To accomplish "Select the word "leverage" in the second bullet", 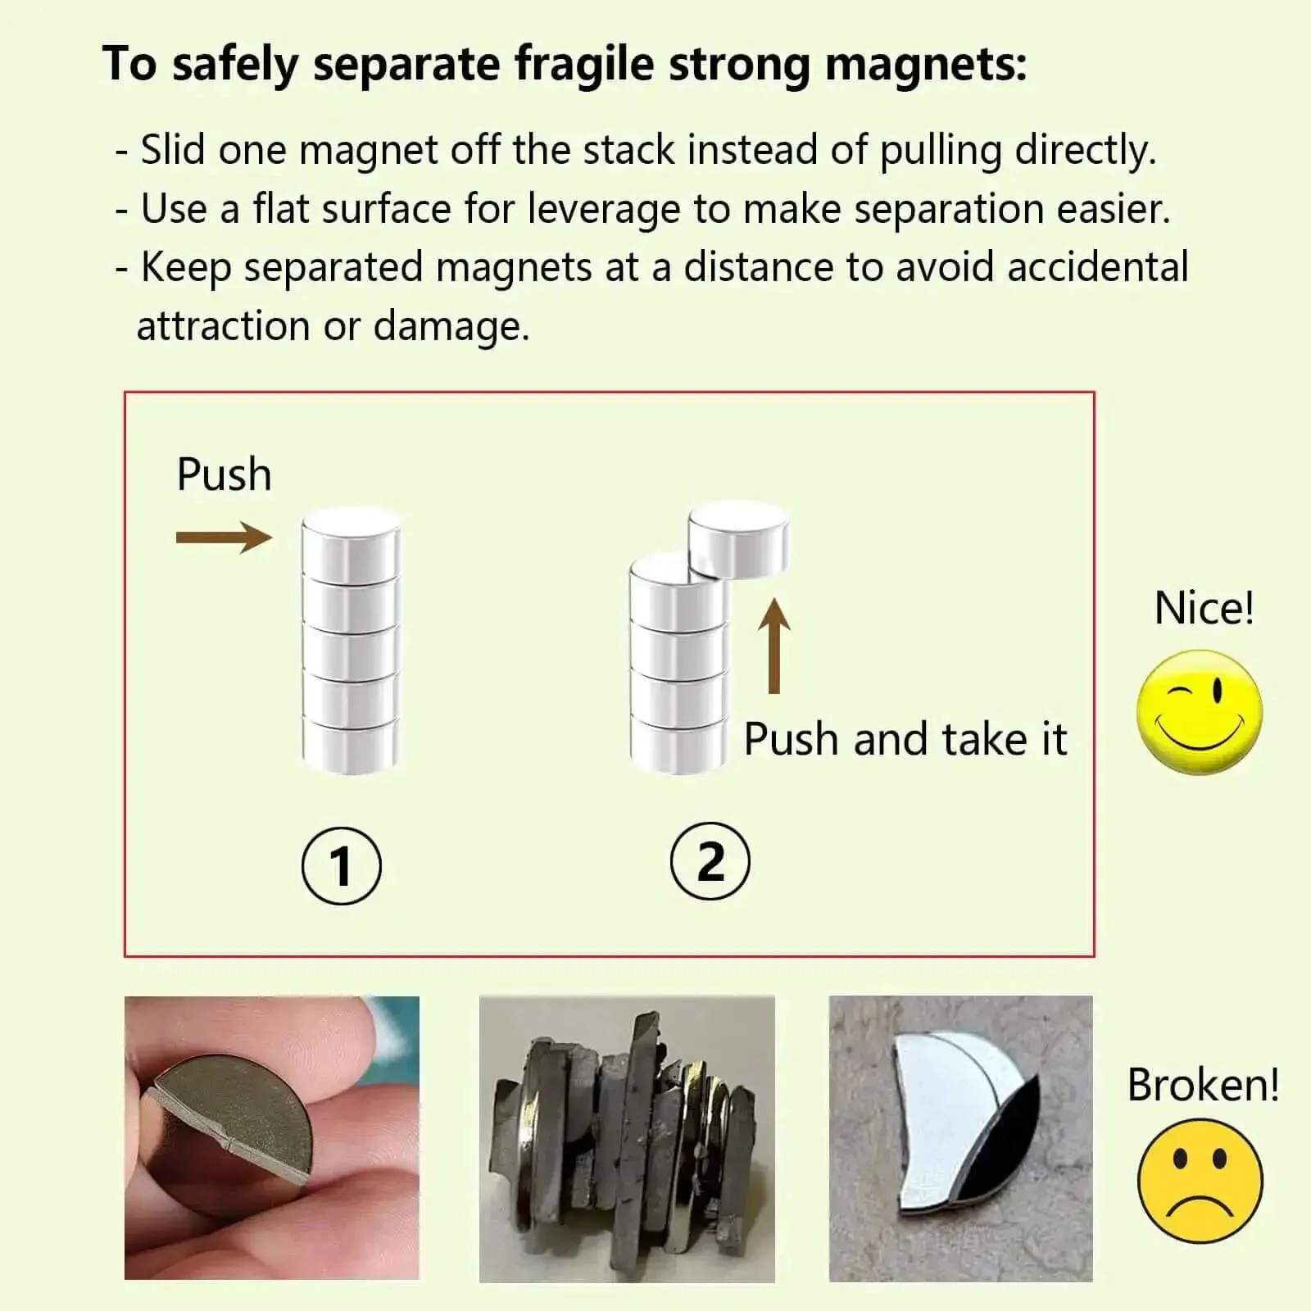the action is point(604,210).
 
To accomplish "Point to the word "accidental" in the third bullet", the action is point(1098,267).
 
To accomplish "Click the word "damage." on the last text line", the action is point(452,326).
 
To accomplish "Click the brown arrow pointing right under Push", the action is point(224,538).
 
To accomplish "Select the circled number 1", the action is point(342,866).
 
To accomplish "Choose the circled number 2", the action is point(710,861).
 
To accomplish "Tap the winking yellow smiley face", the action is point(1200,712).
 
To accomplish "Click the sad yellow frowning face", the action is point(1200,1181).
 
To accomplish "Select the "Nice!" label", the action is point(1204,608).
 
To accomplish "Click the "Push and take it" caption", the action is point(905,739).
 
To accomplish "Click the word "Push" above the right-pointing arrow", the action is point(224,474).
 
